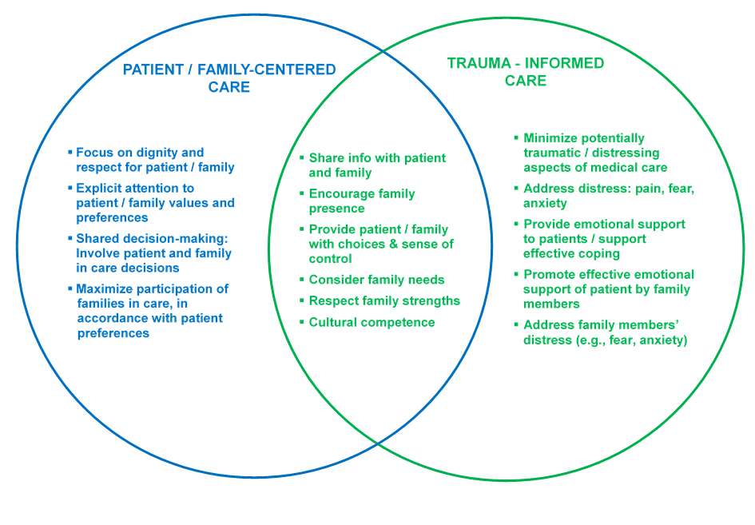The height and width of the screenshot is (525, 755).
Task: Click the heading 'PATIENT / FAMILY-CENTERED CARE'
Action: click(229, 78)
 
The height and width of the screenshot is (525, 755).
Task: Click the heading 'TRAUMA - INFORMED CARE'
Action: click(525, 72)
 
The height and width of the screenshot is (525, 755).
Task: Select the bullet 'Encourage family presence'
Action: click(361, 201)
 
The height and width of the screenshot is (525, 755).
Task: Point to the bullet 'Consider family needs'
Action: click(376, 280)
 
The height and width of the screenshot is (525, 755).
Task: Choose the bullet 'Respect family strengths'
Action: click(384, 300)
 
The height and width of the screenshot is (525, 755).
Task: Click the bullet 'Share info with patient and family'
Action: click(376, 165)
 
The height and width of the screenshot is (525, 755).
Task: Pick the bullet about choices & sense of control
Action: click(378, 244)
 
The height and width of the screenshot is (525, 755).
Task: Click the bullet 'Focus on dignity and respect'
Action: click(154, 160)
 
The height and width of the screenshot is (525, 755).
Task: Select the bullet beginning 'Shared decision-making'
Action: click(153, 253)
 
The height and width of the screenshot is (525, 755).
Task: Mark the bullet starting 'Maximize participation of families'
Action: click(152, 311)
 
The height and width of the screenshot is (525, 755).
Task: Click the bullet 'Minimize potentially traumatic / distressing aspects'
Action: click(594, 153)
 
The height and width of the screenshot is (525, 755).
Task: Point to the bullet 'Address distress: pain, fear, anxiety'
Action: click(608, 196)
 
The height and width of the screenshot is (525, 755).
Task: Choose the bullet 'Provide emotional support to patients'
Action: click(603, 238)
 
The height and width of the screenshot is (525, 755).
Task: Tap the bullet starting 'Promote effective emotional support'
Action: click(608, 288)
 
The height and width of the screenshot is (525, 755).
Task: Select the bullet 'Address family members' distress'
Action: click(605, 332)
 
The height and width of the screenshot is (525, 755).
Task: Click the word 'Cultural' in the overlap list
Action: click(334, 322)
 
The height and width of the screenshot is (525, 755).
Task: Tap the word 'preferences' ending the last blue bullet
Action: click(113, 332)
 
